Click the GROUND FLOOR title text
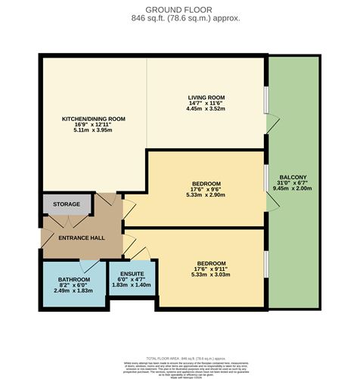point(179,8)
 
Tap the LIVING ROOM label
point(206,97)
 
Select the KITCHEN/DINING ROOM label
point(93,119)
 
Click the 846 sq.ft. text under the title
point(179,18)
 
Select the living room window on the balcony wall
point(265,99)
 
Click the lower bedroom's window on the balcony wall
point(265,264)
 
